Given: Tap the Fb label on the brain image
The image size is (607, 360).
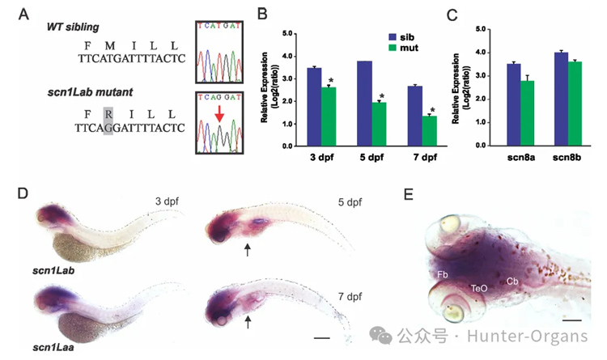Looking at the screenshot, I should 444,275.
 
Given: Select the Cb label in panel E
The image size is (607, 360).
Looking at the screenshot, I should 512,281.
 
